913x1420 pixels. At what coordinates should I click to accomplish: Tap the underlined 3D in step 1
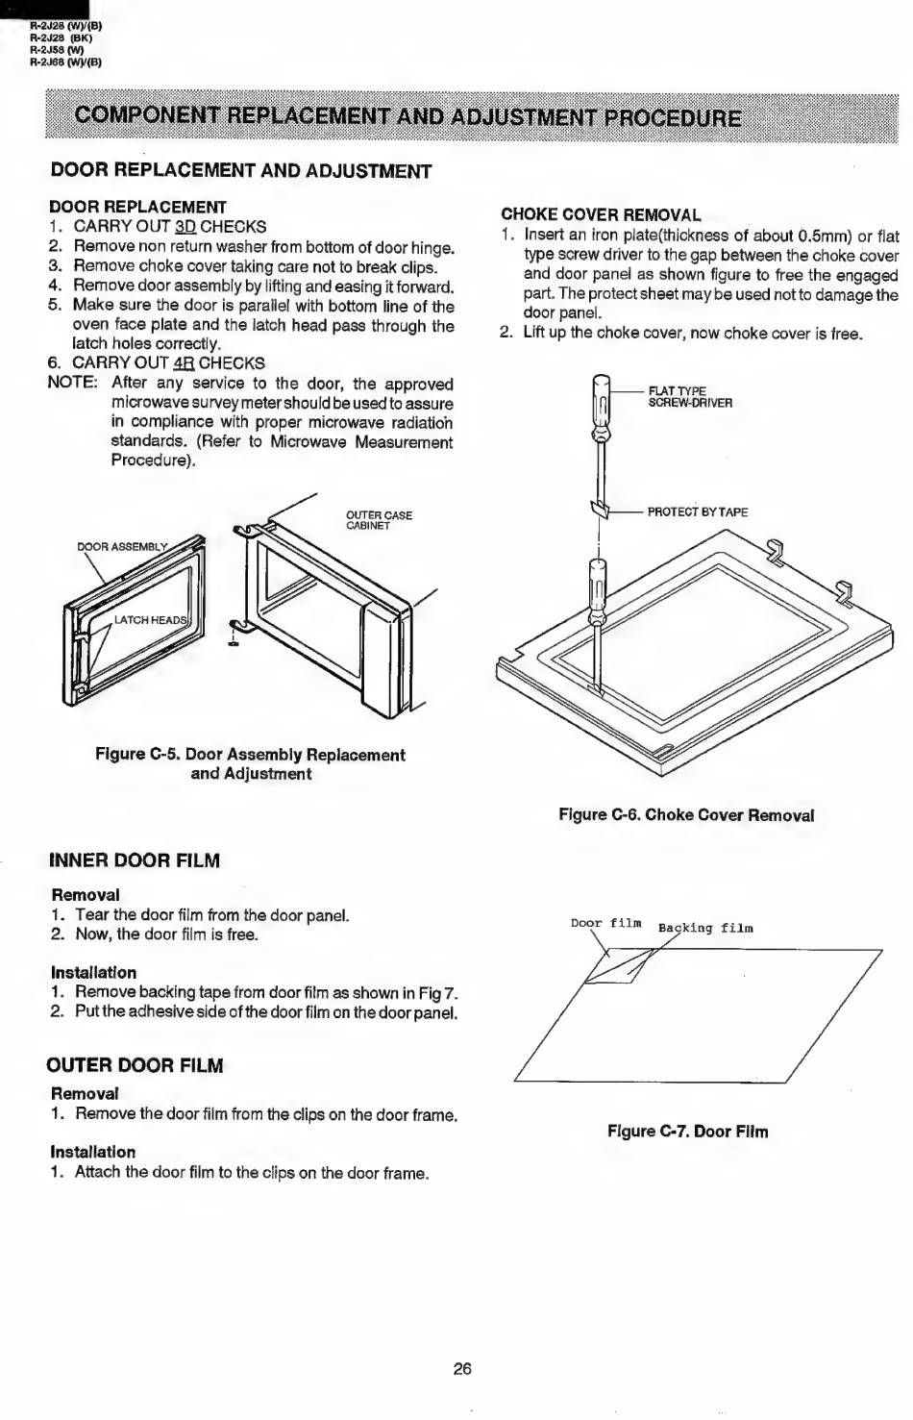click(185, 227)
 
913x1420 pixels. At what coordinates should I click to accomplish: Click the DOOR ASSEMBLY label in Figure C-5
click(122, 547)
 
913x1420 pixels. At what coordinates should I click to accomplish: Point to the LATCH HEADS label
click(151, 620)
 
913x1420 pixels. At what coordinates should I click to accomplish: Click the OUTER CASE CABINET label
click(379, 520)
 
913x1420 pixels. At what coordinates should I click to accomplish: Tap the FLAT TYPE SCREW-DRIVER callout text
click(690, 397)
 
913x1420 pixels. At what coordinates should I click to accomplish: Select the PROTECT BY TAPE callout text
click(698, 512)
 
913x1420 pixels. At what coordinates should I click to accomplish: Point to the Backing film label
click(705, 929)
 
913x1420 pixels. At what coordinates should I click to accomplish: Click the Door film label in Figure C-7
click(606, 923)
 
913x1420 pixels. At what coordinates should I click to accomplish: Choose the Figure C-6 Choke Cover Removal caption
click(686, 815)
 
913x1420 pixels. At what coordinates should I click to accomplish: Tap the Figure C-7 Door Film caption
click(687, 1132)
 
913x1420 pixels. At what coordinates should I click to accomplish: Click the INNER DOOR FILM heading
click(135, 860)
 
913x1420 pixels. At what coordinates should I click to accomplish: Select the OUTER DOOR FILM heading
click(135, 1065)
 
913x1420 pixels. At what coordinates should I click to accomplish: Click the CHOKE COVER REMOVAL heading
click(601, 215)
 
